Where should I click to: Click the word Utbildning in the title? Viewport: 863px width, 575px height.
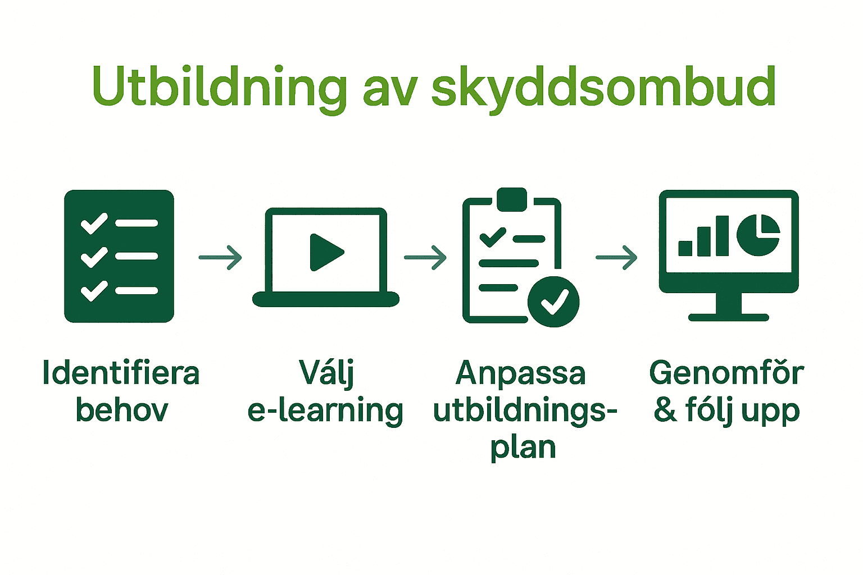coord(219,87)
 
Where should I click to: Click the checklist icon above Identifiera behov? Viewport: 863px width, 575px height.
coord(119,256)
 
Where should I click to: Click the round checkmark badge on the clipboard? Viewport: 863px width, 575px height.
coord(553,301)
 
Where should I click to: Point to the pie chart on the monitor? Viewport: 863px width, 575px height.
coord(757,234)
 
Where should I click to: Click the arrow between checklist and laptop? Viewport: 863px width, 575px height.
coord(220,258)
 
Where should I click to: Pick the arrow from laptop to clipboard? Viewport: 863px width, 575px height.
coord(425,258)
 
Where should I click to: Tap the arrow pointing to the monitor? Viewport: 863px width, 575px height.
coord(616,258)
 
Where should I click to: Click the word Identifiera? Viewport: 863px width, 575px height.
coord(121,373)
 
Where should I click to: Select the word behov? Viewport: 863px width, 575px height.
coord(122,410)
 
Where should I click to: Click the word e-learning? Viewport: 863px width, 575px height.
coord(325,410)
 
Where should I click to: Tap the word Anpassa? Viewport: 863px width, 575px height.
coord(521,373)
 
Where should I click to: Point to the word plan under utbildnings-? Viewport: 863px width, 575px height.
coord(523,448)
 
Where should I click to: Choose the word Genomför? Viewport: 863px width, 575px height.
coord(726,373)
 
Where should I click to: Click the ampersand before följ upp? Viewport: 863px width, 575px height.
coord(665,410)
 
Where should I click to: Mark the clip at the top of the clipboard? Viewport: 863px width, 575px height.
coord(512,199)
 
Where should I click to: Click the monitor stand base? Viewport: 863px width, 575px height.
coord(729,317)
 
